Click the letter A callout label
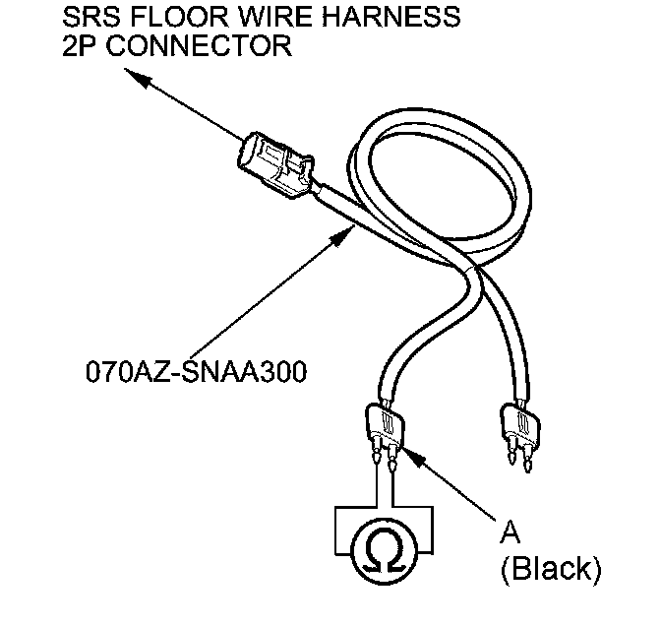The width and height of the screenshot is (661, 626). coord(511,532)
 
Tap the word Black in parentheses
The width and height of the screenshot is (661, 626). coord(550,567)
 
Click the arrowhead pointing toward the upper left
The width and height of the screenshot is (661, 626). coord(135,85)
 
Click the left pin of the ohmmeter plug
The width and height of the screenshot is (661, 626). coord(377,454)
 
